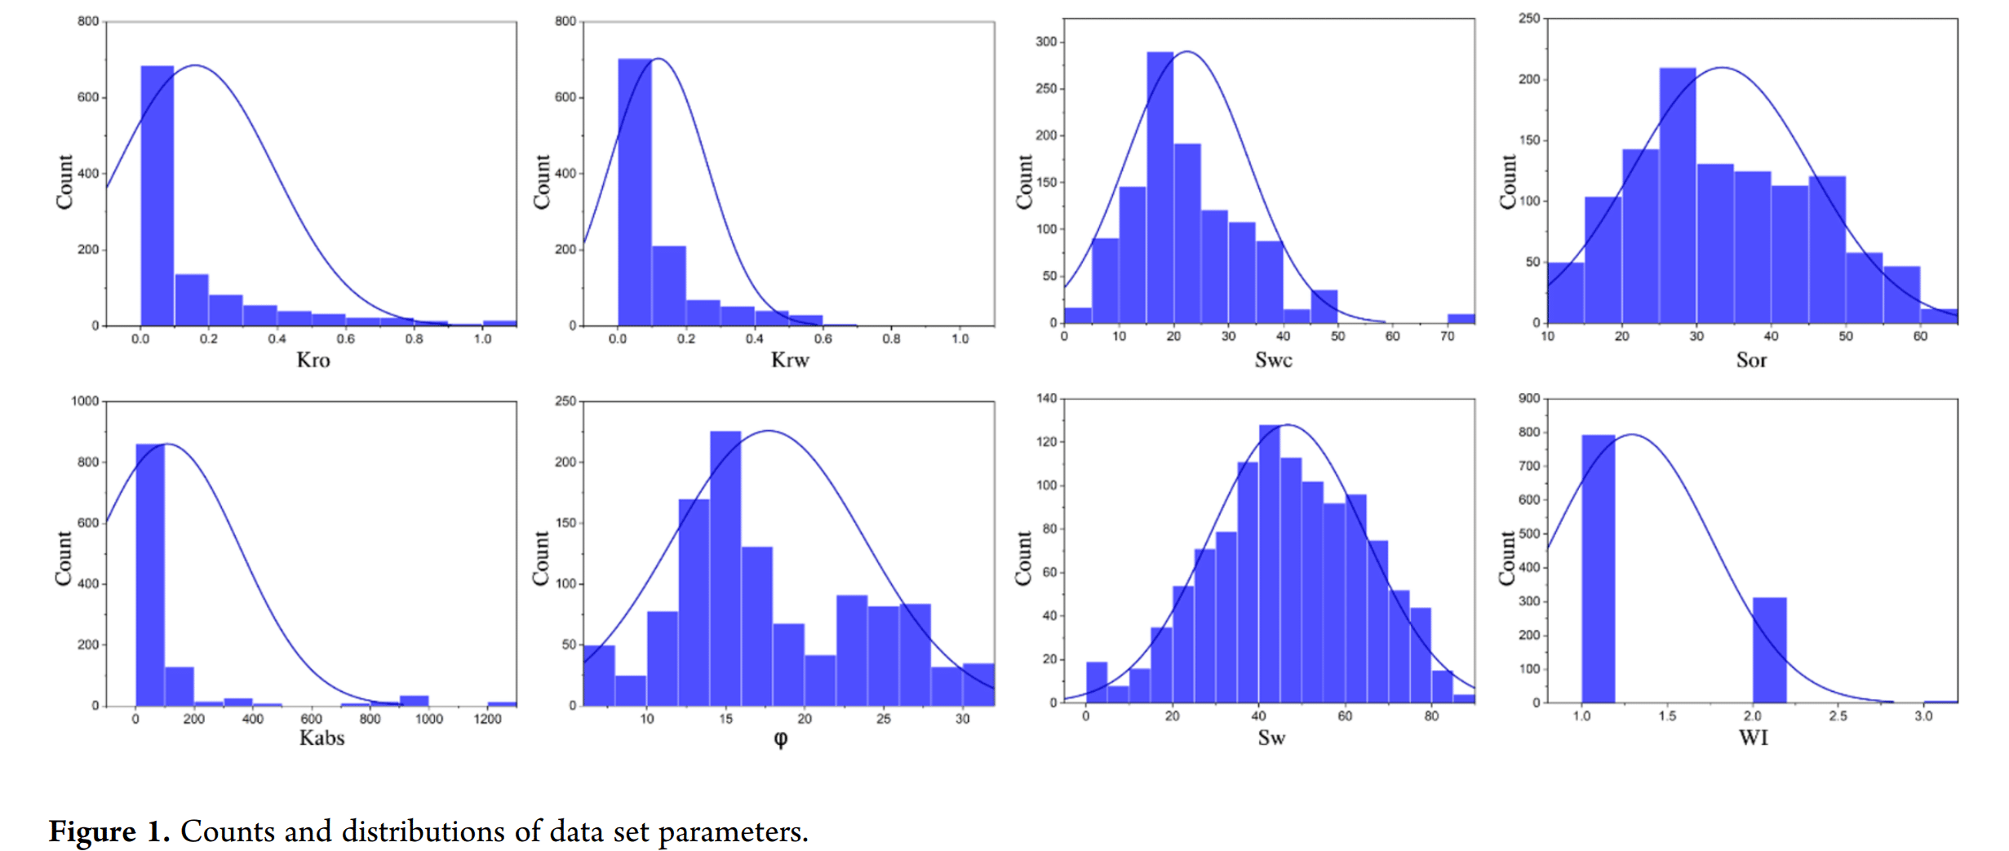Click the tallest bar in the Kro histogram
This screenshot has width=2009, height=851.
[x=157, y=196]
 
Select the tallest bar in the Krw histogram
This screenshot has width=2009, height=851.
[x=634, y=192]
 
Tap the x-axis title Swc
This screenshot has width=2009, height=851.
[x=1273, y=360]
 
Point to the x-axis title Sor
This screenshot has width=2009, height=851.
[x=1751, y=360]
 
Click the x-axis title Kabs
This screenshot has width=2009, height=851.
[x=322, y=738]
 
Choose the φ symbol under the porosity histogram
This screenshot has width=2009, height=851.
[x=780, y=738]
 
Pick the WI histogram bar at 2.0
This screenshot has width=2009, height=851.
[x=1769, y=650]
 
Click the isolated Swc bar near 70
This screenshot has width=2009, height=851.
[x=1461, y=318]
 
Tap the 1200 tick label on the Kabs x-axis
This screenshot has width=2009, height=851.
[x=487, y=719]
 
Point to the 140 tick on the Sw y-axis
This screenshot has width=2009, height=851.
[x=1046, y=399]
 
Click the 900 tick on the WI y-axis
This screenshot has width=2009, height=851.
[x=1528, y=399]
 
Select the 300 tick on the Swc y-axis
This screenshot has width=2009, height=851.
[x=1046, y=42]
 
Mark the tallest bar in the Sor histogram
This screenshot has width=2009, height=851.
[x=1677, y=196]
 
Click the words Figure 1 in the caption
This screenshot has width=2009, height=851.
[x=109, y=831]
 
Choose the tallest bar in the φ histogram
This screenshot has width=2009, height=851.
[x=725, y=569]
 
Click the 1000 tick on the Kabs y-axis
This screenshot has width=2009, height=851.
[x=85, y=401]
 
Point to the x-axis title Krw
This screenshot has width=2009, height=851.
[x=789, y=360]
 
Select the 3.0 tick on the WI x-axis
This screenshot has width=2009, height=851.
[x=1923, y=716]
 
